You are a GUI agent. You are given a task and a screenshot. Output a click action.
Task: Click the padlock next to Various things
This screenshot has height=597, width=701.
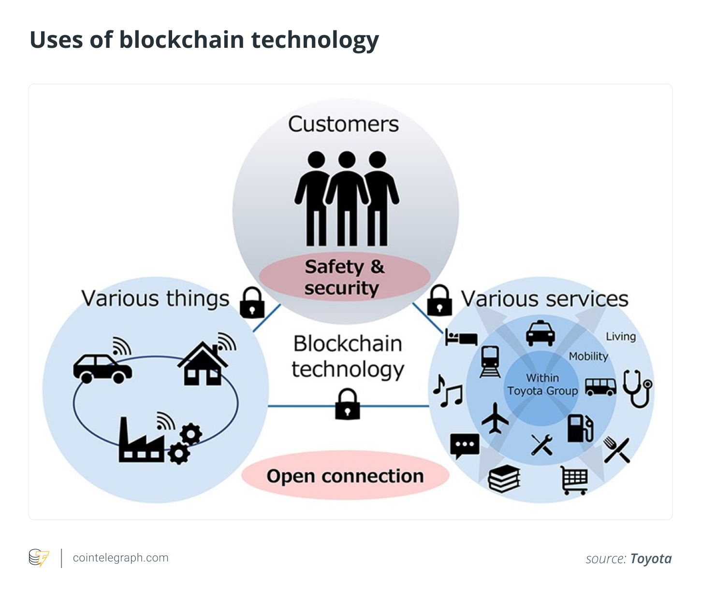coord(252,303)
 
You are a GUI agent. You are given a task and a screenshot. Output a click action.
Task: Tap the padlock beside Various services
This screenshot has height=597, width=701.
coord(439,300)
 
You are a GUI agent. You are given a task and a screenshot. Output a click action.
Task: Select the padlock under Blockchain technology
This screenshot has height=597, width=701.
coord(348,404)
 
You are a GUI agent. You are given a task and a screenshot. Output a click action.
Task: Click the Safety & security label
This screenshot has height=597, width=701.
coord(344,277)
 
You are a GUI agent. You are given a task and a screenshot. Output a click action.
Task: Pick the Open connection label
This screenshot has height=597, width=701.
coord(345,476)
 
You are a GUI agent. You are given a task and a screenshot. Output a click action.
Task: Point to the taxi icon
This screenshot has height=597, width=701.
coord(540,333)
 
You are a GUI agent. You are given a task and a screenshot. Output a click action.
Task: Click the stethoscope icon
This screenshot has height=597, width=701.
coord(637,388)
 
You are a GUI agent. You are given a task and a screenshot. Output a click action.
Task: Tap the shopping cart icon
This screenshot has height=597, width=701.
coord(574,480)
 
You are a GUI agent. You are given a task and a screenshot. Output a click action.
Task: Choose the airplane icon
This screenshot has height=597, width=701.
coord(495,418)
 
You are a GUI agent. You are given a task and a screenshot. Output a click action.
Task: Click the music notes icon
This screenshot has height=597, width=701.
coord(448,391)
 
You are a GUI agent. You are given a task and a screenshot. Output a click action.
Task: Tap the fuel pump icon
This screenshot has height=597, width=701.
coord(580,428)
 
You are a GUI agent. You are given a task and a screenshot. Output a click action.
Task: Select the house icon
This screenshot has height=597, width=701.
coord(204,363)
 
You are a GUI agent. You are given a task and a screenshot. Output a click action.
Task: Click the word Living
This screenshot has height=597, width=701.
coord(621,337)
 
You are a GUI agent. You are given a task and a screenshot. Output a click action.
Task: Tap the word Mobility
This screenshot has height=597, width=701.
coord(588,356)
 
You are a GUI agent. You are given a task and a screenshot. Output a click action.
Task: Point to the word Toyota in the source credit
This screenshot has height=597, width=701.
coord(651,559)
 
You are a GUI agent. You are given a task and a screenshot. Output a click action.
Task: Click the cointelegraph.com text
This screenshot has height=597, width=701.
coord(120,558)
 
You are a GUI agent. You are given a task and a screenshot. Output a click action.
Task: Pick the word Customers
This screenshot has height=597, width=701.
coord(343,124)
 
